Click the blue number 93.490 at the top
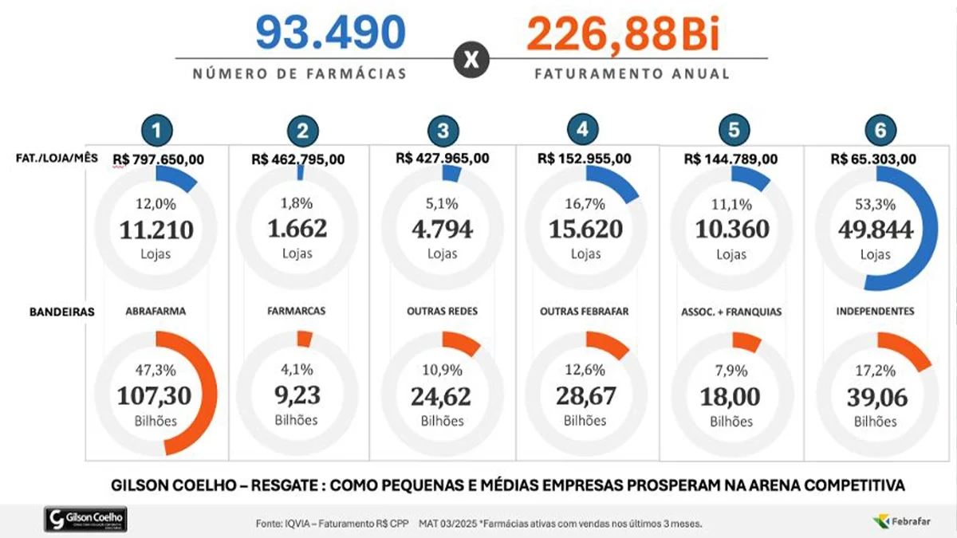coord(330,33)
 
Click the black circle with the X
coord(471,61)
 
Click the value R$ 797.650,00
coord(159,159)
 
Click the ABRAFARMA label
coord(156,312)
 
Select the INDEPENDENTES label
coord(876,312)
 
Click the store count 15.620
coord(585,230)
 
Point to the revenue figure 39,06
coord(875,396)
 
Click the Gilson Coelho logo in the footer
coord(85,520)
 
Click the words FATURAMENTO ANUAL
coord(632,73)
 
